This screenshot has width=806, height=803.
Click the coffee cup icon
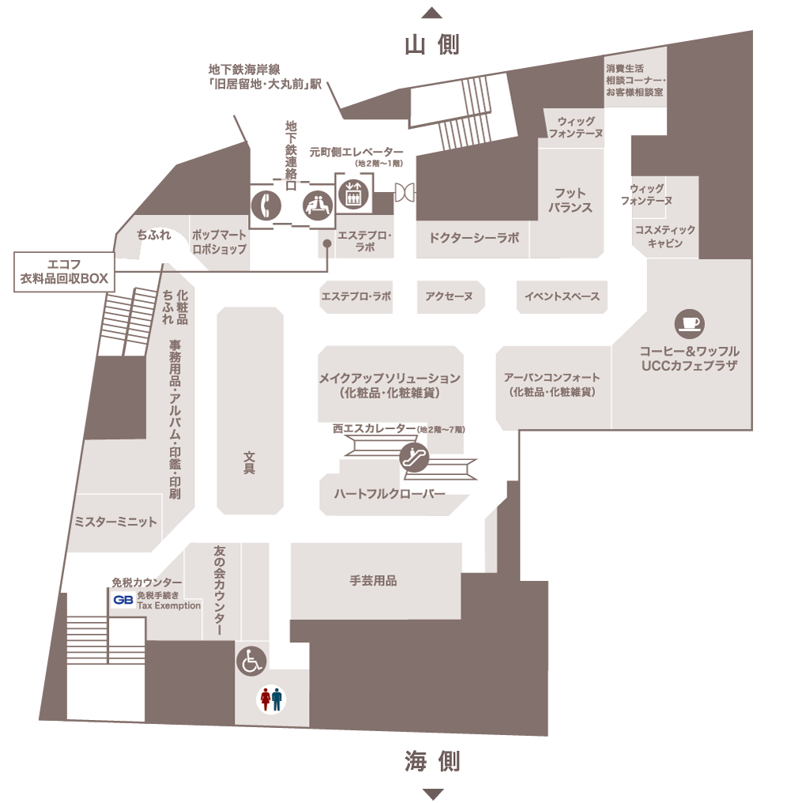[x=689, y=323]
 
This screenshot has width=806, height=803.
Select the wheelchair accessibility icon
[x=251, y=661]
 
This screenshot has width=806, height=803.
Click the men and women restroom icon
[x=271, y=699]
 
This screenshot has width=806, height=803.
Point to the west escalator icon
[x=414, y=456]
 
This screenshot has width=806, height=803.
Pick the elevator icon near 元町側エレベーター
[x=352, y=194]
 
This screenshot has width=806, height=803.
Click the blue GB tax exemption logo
[x=122, y=600]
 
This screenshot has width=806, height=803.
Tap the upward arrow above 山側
[x=431, y=12]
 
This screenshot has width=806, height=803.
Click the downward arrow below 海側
[x=431, y=794]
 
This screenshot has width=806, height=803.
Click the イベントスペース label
[x=562, y=297]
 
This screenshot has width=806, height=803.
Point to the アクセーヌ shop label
[x=449, y=297]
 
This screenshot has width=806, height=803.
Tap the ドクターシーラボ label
[x=474, y=237]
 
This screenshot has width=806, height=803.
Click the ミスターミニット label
[x=115, y=522]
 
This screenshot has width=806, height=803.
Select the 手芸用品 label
[x=373, y=581]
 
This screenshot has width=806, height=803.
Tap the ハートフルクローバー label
[x=390, y=495]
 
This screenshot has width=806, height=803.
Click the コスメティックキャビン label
[x=665, y=236]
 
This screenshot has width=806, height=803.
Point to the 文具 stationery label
[x=249, y=462]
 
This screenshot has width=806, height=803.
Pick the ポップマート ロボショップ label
[x=220, y=242]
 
